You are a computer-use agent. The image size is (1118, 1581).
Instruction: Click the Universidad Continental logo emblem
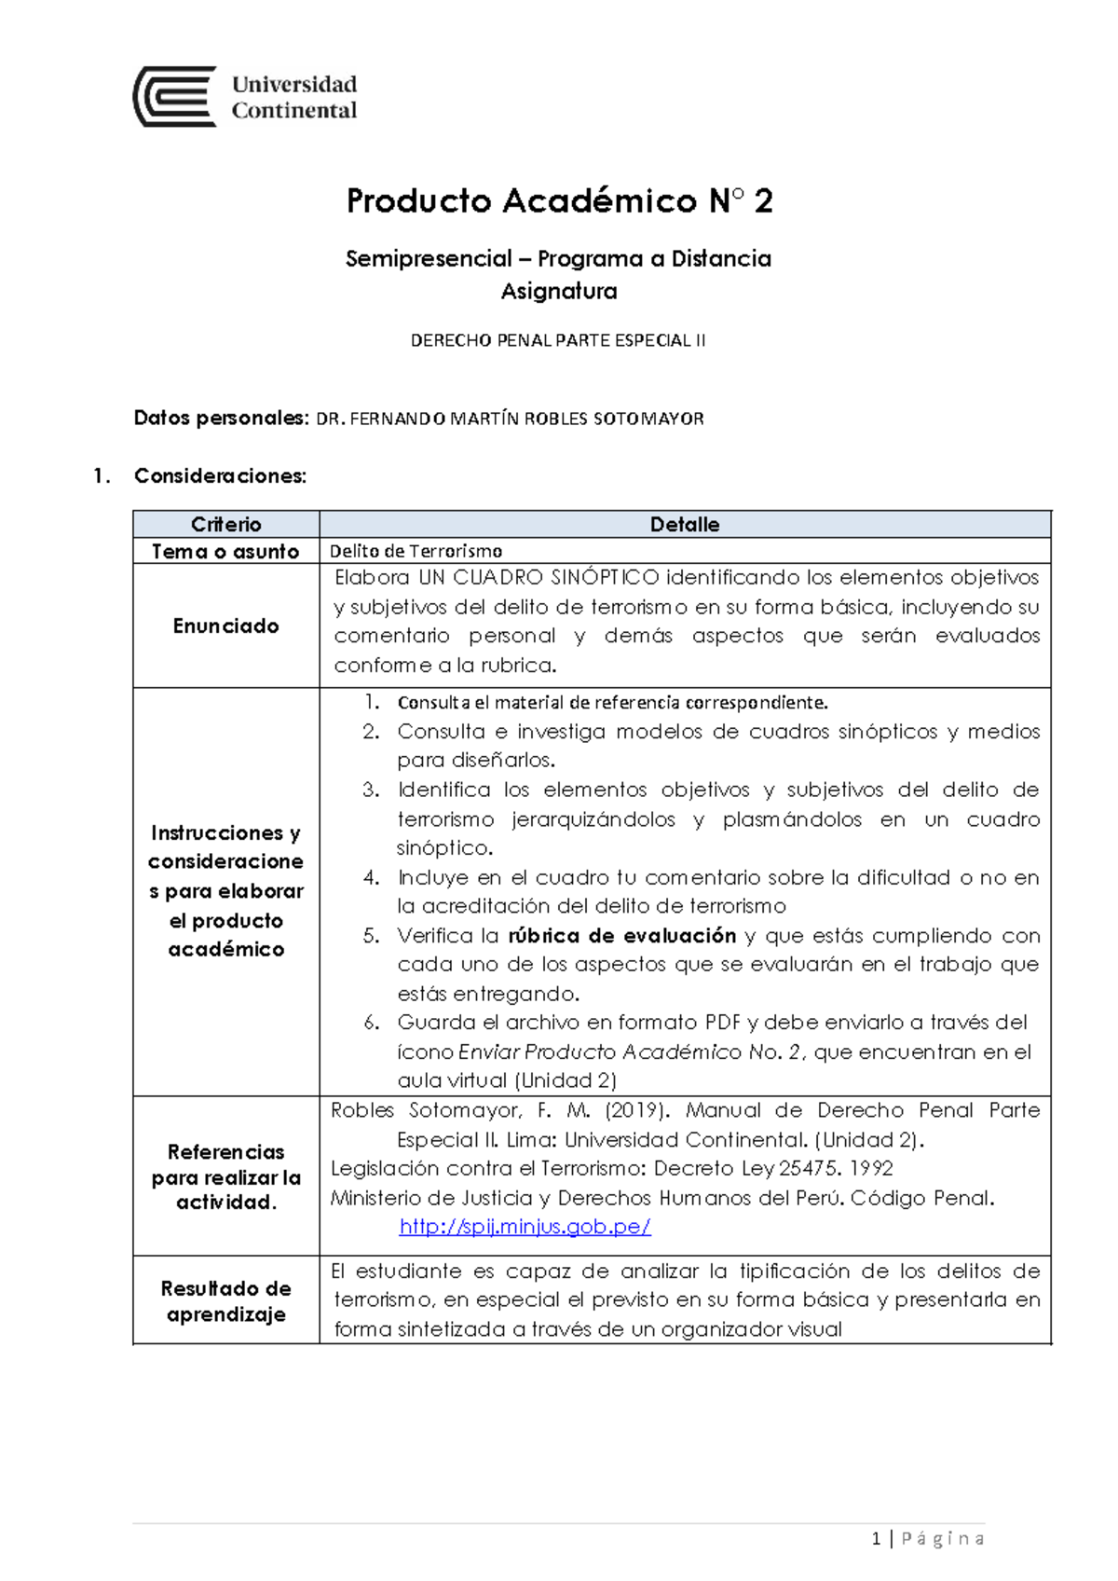175,96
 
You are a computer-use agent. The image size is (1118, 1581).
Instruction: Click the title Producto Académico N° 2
559,200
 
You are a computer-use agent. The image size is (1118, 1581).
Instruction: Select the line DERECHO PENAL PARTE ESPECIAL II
558,340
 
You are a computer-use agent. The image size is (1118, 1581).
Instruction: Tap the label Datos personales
220,418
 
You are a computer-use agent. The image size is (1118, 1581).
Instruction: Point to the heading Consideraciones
220,476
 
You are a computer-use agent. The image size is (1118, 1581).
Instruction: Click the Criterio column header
225,524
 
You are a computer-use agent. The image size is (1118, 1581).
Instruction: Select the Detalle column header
684,524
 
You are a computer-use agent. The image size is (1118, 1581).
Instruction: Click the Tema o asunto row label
225,551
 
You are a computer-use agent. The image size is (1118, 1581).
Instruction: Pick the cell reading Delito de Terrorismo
416,551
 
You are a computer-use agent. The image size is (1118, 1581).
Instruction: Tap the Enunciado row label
225,626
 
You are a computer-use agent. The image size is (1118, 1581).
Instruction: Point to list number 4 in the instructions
372,877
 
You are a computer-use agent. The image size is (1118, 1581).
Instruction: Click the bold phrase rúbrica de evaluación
622,935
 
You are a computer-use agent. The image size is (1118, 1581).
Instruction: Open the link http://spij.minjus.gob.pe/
525,1227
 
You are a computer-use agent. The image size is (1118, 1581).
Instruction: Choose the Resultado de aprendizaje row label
225,1300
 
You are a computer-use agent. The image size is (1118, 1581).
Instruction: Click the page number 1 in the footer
876,1538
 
